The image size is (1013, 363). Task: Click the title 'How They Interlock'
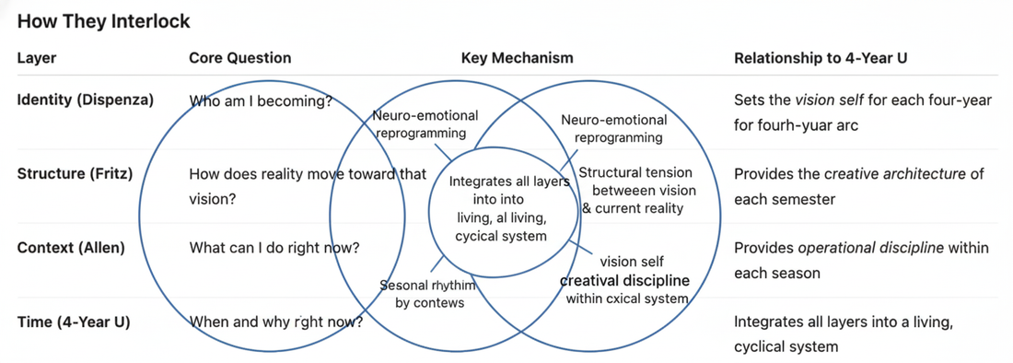(103, 21)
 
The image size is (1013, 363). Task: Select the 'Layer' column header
(37, 58)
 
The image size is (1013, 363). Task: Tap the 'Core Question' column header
(239, 58)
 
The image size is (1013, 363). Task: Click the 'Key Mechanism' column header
(517, 58)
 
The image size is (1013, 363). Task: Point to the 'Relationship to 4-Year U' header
(821, 58)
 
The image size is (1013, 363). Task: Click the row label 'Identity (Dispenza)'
(86, 100)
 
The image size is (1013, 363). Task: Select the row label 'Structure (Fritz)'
(75, 173)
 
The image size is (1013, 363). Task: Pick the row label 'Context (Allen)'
(71, 248)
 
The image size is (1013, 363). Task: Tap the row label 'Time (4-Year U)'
(74, 322)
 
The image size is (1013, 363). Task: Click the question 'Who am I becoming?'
(261, 101)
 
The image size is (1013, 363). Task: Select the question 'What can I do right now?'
(274, 248)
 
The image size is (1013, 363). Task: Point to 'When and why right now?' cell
(275, 322)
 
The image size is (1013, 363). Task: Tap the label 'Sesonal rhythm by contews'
(428, 294)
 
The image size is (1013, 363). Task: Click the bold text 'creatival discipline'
(626, 280)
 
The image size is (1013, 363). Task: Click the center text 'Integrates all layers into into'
(509, 190)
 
